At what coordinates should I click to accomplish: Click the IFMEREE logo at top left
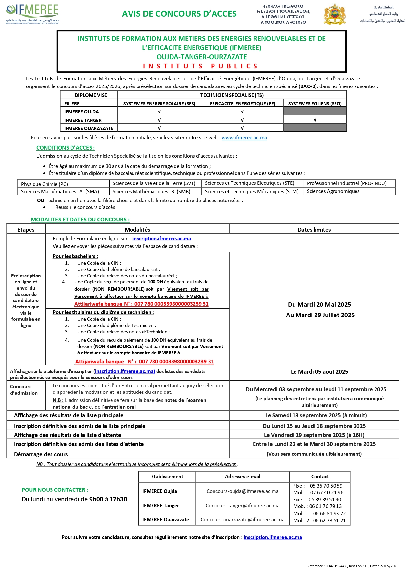click(x=32, y=13)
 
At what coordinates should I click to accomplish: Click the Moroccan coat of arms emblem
click(x=334, y=14)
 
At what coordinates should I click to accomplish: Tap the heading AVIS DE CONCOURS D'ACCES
click(x=179, y=14)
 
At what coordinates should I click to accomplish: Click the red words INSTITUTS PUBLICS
click(x=201, y=66)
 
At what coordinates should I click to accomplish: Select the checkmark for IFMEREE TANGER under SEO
click(x=315, y=120)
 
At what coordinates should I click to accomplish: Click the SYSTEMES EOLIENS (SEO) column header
click(x=315, y=104)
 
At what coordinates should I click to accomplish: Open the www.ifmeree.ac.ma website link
click(x=244, y=138)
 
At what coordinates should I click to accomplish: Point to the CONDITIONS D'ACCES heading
click(x=66, y=148)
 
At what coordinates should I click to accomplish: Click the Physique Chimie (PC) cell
click(x=44, y=184)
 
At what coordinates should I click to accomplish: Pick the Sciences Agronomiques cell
click(x=333, y=191)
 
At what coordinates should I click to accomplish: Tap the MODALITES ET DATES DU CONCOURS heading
click(x=80, y=220)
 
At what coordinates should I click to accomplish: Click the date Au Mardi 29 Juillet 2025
click(x=320, y=315)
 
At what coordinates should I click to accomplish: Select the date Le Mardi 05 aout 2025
click(x=319, y=372)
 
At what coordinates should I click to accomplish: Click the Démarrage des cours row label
click(x=41, y=454)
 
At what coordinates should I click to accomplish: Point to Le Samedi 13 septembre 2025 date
click(x=316, y=415)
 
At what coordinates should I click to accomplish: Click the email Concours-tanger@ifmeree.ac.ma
click(x=242, y=506)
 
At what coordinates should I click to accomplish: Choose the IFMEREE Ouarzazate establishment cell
click(x=166, y=520)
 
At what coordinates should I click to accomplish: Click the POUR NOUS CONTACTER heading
click(x=55, y=490)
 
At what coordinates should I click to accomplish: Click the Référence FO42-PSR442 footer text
click(x=353, y=566)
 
